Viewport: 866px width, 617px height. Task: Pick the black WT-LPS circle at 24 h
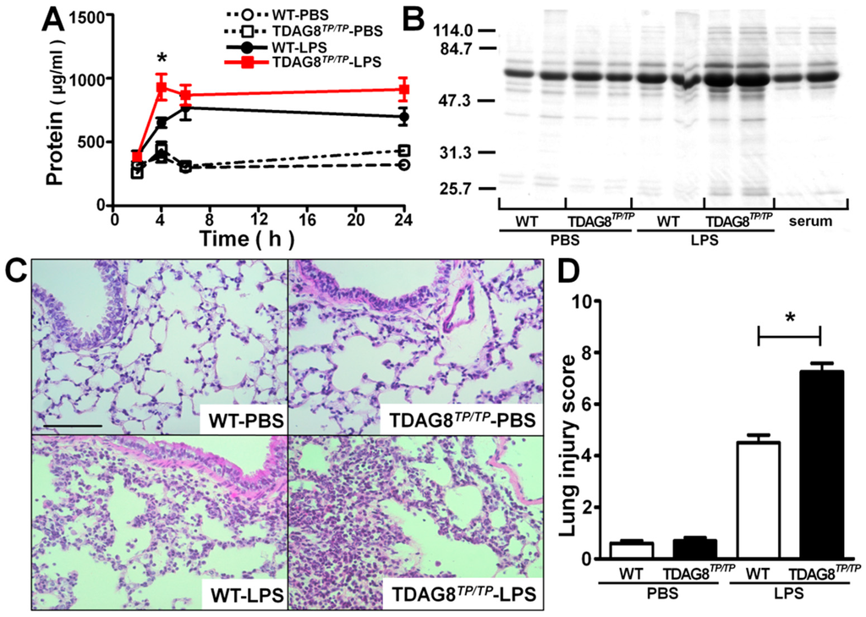(x=404, y=117)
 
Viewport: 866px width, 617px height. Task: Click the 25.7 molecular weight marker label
(x=455, y=188)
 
